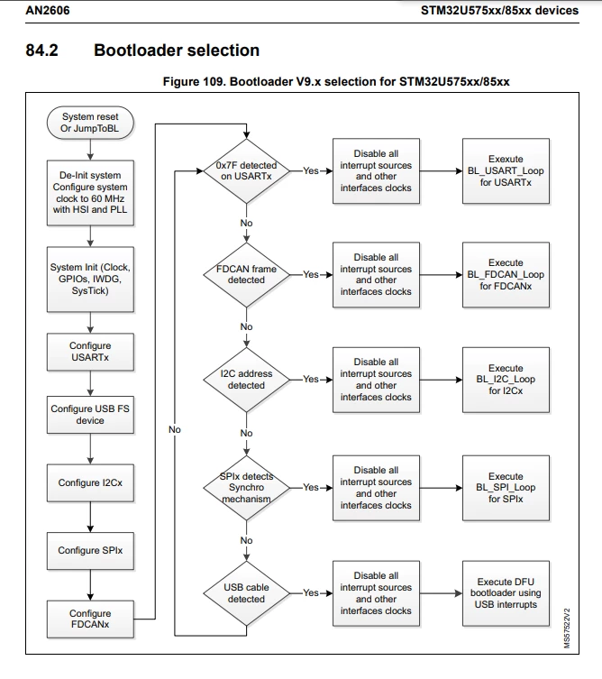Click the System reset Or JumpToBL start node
point(90,123)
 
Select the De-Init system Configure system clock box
point(90,193)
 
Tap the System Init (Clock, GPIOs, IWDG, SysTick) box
point(90,279)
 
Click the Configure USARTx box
point(90,352)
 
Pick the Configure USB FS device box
point(90,415)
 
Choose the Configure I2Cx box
point(90,482)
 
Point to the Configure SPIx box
point(90,550)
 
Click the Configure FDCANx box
point(90,619)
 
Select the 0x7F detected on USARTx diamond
point(246,171)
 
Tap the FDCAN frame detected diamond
point(246,274)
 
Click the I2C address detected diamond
point(246,380)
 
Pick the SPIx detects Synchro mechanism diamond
point(246,488)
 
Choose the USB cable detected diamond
point(246,593)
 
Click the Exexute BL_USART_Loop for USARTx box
point(506,171)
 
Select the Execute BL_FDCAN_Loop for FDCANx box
point(506,274)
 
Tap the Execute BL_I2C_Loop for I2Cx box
point(506,380)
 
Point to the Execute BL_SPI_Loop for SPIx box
point(506,488)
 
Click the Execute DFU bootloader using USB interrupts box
point(506,593)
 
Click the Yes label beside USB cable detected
point(311,592)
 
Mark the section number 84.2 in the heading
point(42,50)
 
